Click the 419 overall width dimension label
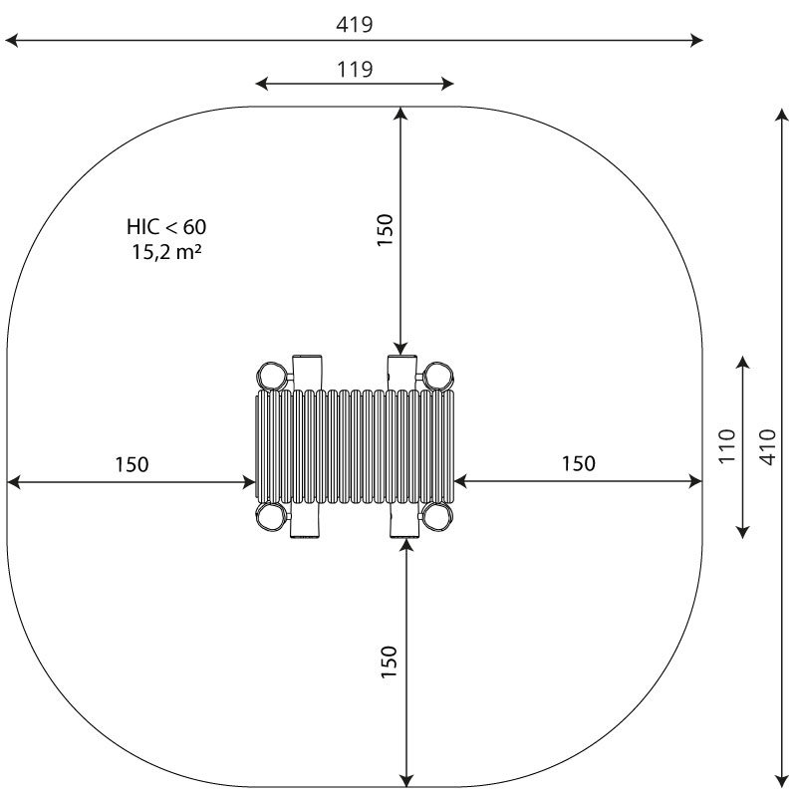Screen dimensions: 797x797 click(355, 24)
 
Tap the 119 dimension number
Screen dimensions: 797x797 click(355, 69)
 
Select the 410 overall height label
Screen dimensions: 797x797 click(768, 446)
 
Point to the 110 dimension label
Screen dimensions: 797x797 click(727, 446)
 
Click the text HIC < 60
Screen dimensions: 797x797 click(166, 227)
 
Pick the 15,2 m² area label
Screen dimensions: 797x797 click(167, 252)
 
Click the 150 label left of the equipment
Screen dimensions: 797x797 click(132, 464)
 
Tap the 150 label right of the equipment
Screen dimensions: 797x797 click(579, 463)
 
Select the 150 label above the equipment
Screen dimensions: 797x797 click(386, 230)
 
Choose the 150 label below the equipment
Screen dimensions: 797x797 click(389, 662)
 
